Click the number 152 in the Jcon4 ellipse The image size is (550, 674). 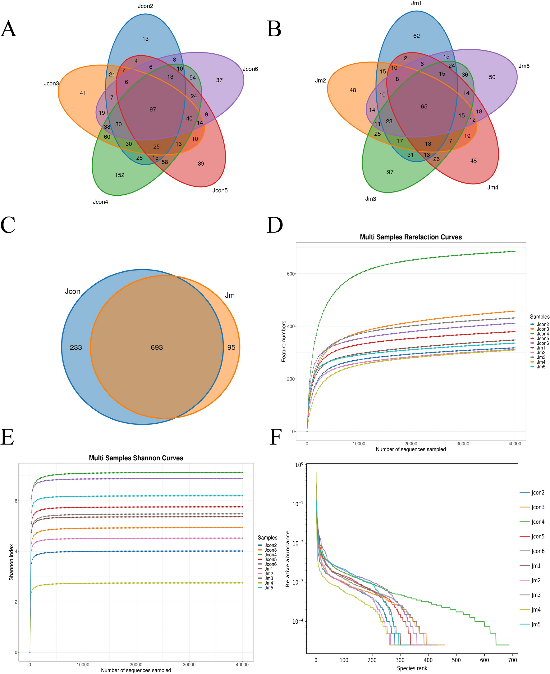coord(120,175)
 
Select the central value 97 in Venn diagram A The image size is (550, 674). coord(153,110)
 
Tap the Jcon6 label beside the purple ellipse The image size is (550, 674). coord(250,69)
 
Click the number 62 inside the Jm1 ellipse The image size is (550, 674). coord(416,36)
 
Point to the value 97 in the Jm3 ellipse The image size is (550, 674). coord(390,172)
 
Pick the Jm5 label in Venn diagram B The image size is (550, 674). coord(524,66)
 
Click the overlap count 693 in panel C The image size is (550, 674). coord(157,348)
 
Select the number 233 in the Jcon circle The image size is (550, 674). coord(76,348)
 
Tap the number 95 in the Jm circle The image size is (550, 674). coord(231,348)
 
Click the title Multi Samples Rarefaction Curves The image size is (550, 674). coord(410,237)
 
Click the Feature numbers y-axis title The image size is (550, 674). coord(284,341)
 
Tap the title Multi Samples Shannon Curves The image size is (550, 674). coord(136,458)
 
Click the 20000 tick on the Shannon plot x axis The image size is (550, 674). coord(136,665)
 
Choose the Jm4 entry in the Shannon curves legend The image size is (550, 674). coord(269,583)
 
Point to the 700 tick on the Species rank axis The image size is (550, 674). coord(512,660)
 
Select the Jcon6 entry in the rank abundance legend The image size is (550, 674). coord(538,551)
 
